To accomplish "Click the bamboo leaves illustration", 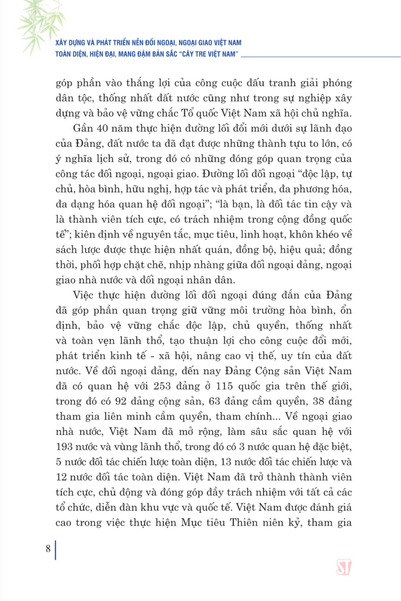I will pyautogui.click(x=41, y=23).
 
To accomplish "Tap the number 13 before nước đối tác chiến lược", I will pyautogui.click(x=226, y=462).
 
